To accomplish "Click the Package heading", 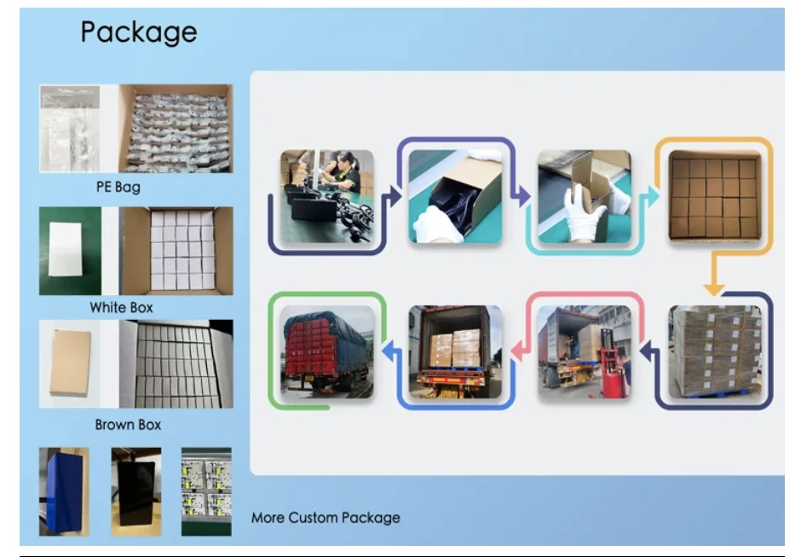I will point(139,32).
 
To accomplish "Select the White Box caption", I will point(122,307).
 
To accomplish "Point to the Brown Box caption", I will point(128,424).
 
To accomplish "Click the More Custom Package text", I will point(326,517).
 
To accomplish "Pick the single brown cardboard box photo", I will point(70,362).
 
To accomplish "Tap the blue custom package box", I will point(63,491).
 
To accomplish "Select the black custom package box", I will point(135,491).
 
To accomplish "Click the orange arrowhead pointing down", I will point(714,288).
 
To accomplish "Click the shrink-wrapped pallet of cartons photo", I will point(715,351).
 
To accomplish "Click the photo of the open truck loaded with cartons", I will point(454,351).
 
